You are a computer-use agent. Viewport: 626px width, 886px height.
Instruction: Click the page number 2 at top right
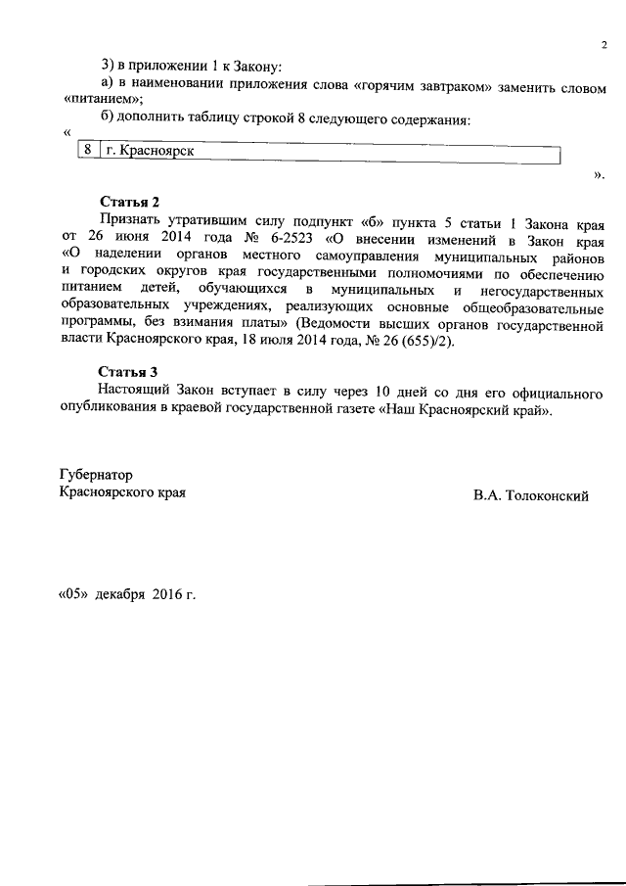[x=604, y=45]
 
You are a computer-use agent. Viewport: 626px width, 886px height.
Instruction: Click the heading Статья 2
[x=128, y=202]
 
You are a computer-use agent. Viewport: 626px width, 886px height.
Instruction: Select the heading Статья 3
[x=128, y=372]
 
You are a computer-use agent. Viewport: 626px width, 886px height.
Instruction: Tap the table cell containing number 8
[x=88, y=152]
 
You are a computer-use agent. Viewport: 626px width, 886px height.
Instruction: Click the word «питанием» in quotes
[x=103, y=101]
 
